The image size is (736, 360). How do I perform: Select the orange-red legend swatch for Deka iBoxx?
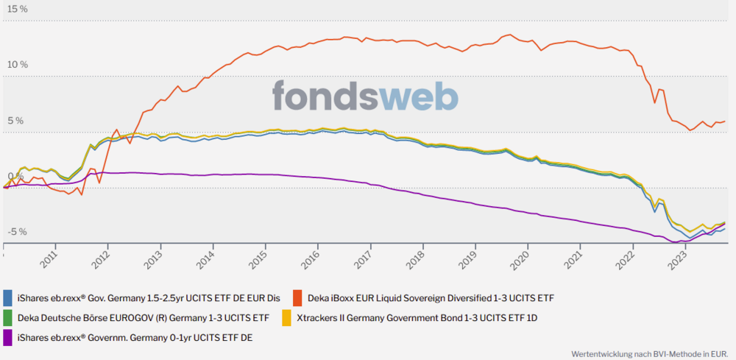click(x=298, y=298)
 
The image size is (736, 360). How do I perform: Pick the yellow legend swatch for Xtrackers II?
click(x=287, y=319)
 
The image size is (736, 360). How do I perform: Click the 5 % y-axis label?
click(x=15, y=121)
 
